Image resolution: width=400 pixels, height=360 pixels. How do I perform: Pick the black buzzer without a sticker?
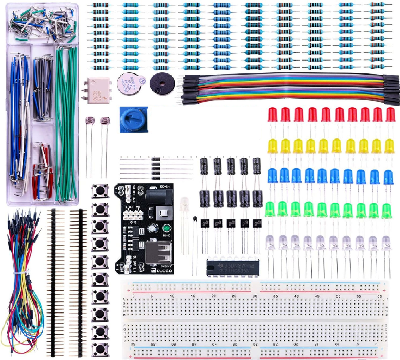click(162, 83)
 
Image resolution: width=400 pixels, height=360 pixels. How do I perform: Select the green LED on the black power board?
click(166, 227)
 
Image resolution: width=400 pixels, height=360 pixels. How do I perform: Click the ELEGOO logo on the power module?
click(163, 270)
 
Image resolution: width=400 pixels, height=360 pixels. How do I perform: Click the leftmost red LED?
click(273, 115)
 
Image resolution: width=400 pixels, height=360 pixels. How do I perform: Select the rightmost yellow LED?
click(390, 146)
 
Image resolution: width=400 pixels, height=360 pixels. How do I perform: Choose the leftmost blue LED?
click(273, 175)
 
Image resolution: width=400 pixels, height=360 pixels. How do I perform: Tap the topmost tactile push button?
click(100, 191)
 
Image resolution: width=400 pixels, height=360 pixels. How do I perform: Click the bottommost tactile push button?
click(100, 349)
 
